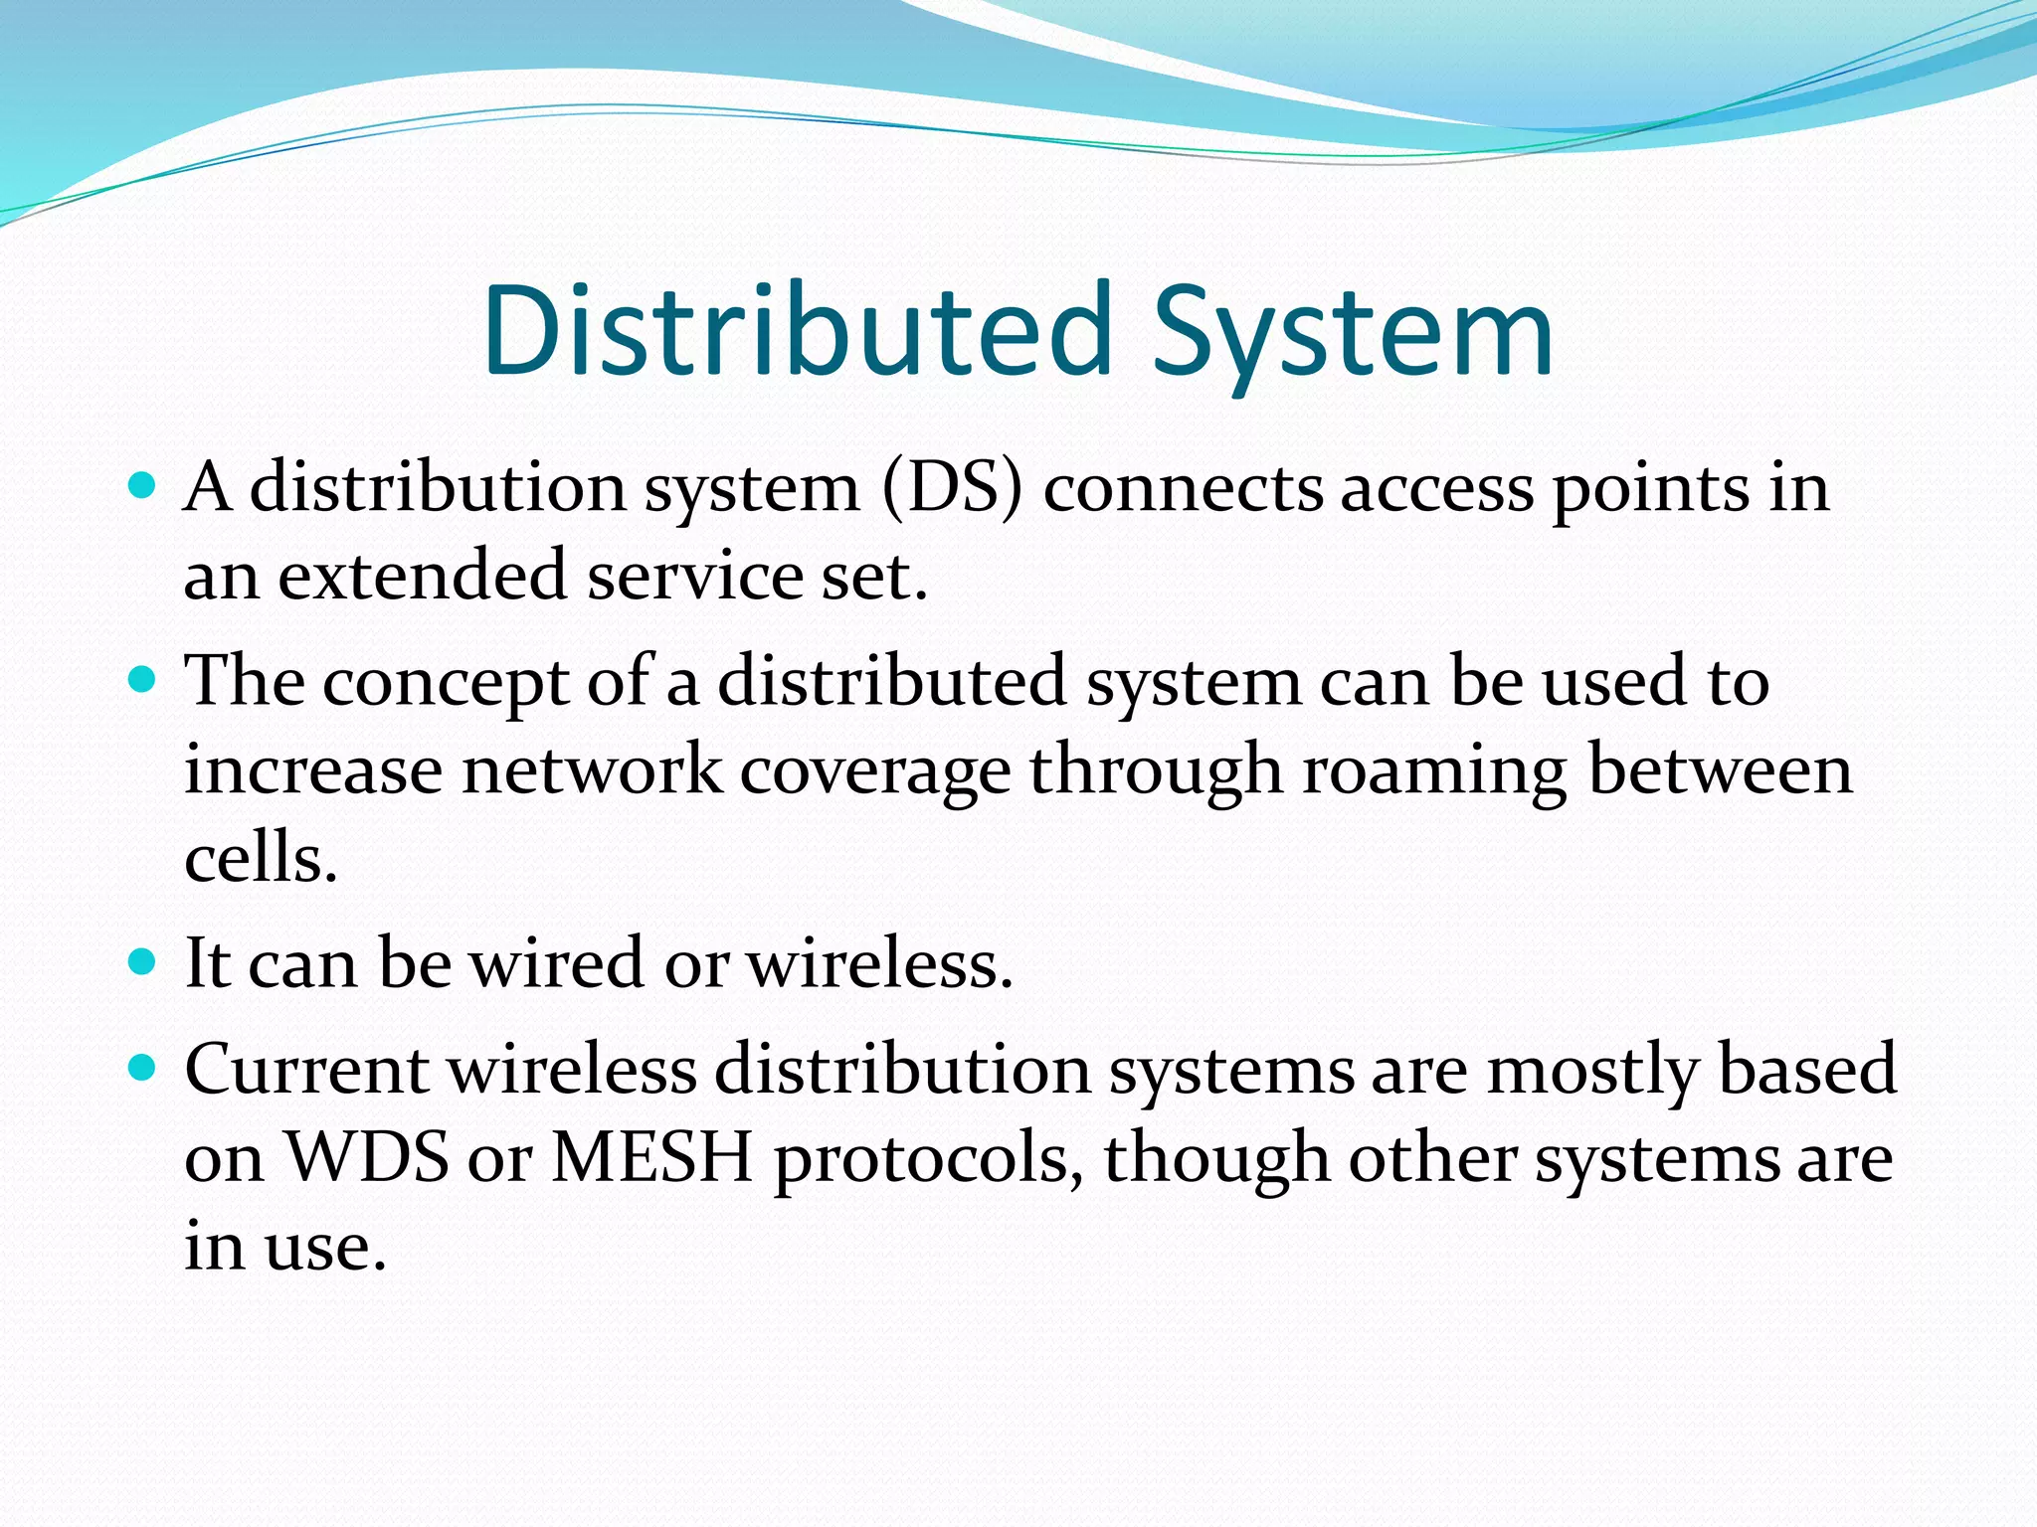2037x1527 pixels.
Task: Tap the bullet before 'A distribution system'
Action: tap(143, 486)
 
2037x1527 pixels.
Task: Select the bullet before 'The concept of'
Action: tap(143, 680)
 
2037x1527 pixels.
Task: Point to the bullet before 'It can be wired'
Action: tap(143, 961)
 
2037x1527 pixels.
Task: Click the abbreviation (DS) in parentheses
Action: tap(953, 489)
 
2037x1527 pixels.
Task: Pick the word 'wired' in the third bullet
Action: tap(555, 963)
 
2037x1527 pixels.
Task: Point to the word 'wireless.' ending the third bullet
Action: tap(879, 963)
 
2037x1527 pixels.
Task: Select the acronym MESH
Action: tap(651, 1158)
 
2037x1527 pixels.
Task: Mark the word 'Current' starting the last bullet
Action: tap(306, 1070)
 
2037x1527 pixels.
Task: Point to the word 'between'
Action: tap(1720, 770)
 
